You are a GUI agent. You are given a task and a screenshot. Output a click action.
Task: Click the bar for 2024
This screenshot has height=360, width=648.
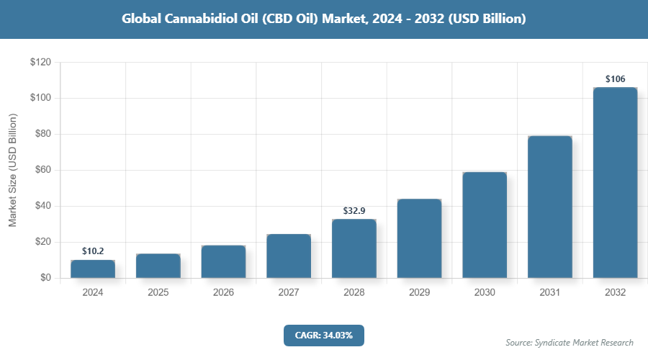click(93, 269)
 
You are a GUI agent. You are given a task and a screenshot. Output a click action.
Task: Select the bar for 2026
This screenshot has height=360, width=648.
click(223, 261)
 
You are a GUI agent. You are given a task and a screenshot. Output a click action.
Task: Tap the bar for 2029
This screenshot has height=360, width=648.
click(419, 238)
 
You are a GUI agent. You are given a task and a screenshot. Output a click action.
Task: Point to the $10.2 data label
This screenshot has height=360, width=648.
click(93, 251)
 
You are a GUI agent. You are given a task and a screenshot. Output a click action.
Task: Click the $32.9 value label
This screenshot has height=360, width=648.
click(354, 210)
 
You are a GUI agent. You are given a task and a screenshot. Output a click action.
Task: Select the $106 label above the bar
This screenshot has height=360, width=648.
click(615, 78)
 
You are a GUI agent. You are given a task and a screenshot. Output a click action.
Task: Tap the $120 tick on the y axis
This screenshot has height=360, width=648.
click(40, 63)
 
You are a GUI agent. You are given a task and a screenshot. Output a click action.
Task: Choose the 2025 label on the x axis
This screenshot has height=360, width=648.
click(158, 293)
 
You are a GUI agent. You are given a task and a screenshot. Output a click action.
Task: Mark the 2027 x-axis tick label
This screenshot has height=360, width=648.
click(289, 293)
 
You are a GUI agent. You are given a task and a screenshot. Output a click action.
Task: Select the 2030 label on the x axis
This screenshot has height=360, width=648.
click(485, 293)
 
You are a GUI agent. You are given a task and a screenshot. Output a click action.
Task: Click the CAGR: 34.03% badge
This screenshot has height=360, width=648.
click(323, 335)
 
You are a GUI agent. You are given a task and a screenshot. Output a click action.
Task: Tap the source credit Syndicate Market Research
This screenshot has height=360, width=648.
click(570, 343)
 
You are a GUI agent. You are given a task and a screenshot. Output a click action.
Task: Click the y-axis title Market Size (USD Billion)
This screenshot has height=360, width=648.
click(13, 170)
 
